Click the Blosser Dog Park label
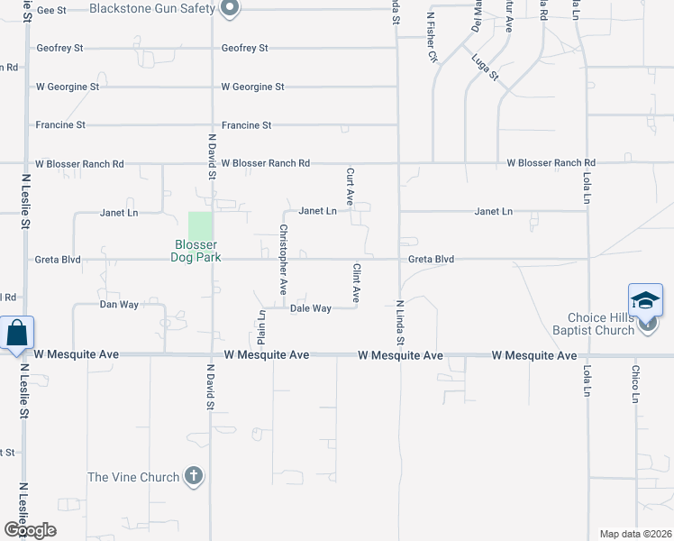click(196, 251)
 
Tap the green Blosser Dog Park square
click(201, 225)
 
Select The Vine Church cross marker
click(193, 477)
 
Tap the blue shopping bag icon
click(17, 333)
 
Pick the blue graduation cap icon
click(645, 300)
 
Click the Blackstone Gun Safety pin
click(229, 9)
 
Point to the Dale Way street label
click(311, 308)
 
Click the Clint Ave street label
click(357, 282)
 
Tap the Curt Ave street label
click(350, 184)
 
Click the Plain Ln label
click(261, 327)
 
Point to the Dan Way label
click(119, 305)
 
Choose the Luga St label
click(485, 67)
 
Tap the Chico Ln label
click(635, 384)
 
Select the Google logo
click(29, 530)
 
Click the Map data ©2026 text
click(635, 534)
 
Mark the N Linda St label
click(399, 323)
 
